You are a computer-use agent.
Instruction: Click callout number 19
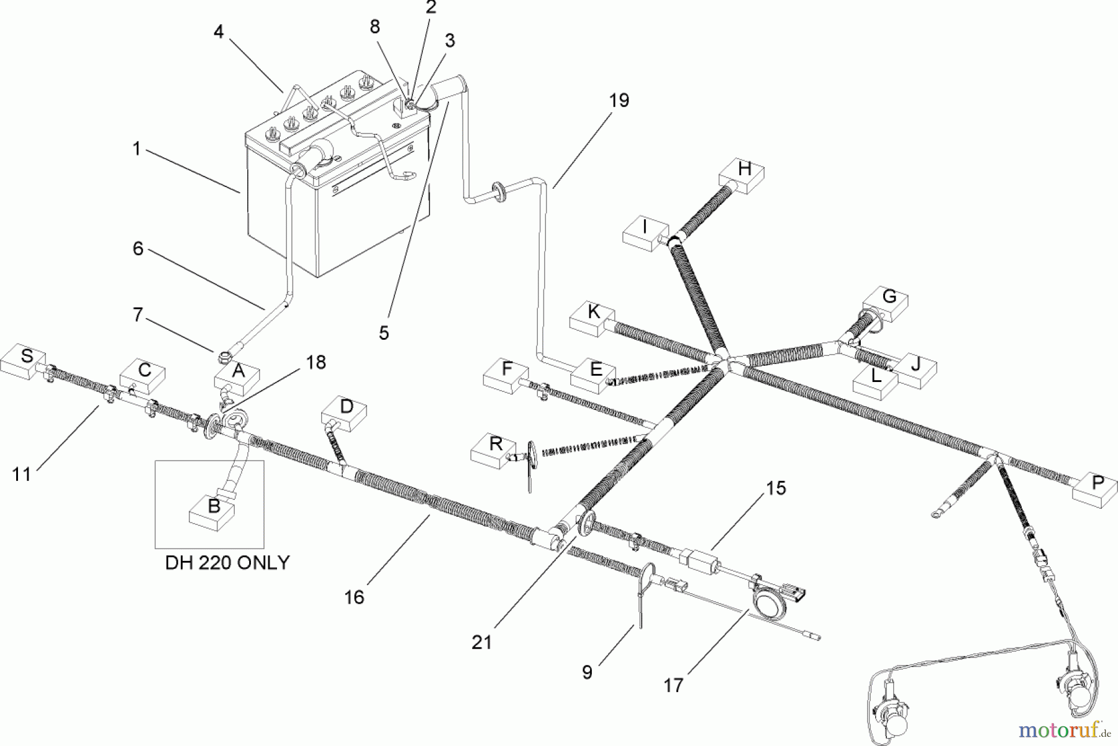coord(619,101)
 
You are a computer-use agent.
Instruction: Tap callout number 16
coord(354,598)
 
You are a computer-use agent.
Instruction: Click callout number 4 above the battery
coord(219,32)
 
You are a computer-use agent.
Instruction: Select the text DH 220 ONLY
coord(227,563)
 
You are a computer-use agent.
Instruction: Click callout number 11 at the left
coord(22,475)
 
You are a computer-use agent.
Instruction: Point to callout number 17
coord(673,686)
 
